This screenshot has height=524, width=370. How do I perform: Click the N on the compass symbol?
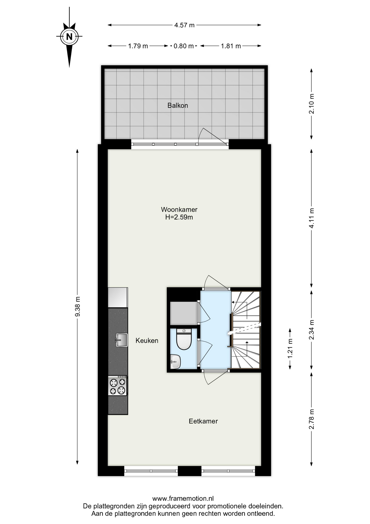pos(69,37)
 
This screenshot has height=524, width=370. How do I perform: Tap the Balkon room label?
pos(178,105)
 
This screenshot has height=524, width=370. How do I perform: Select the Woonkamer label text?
pos(179,209)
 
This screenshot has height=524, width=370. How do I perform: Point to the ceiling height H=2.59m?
pos(179,217)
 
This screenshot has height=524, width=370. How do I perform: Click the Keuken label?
pos(147,340)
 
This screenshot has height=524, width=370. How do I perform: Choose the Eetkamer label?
pos(203,421)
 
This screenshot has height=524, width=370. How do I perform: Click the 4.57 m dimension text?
pos(184,25)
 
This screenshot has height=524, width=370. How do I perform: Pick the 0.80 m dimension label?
pos(184,46)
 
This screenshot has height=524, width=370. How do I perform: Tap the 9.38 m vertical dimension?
pos(78,306)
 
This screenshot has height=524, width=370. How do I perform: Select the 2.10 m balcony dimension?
pos(312,104)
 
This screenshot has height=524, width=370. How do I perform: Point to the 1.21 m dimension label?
pos(290,349)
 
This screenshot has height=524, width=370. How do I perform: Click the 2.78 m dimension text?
pos(312,419)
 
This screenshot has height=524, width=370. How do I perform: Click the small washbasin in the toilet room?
pos(175,362)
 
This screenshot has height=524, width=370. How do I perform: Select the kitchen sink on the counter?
pos(121,340)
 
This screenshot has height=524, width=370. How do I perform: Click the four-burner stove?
pos(118,386)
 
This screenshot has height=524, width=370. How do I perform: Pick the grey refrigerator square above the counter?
pos(118,297)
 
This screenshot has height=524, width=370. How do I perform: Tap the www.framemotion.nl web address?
pos(183,499)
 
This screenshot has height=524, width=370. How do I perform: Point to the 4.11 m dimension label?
pos(312,218)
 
